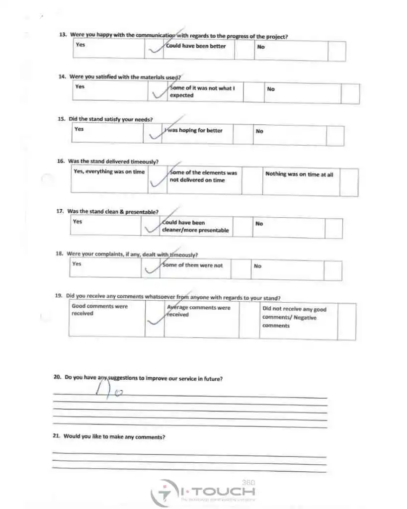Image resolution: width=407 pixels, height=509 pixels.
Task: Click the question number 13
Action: coord(63,35)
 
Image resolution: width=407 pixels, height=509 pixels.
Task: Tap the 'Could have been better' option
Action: coord(196,46)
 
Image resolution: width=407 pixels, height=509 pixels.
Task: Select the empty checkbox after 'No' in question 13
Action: coord(336,51)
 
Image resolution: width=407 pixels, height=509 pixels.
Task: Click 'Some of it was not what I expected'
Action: coord(202,91)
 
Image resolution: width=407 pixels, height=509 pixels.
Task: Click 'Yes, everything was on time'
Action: coord(109,172)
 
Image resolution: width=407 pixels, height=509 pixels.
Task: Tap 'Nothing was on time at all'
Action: coord(299,174)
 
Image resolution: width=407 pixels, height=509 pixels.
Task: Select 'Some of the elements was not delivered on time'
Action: coord(203,176)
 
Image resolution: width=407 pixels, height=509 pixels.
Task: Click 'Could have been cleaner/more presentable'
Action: coord(195,227)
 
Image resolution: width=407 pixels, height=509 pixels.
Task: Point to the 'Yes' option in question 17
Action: coord(78,222)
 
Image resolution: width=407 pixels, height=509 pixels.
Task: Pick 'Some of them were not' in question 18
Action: coord(192,265)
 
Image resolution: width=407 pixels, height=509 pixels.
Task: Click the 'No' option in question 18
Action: coord(257,266)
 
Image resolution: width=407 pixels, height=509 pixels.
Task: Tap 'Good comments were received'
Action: coord(99,310)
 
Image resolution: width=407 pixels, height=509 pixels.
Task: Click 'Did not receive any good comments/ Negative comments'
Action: coord(294,317)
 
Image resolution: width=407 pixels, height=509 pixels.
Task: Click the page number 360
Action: coord(248,482)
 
